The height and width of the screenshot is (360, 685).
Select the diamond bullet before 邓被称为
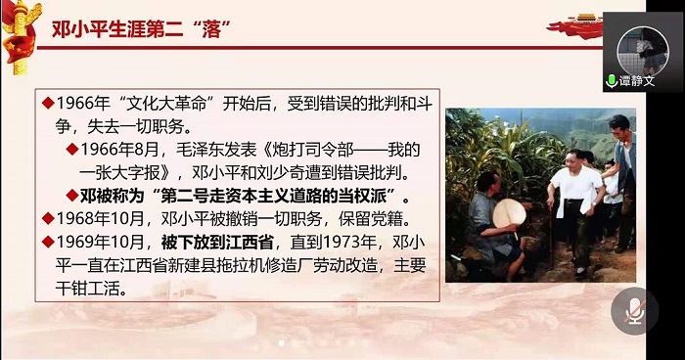[71, 195]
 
